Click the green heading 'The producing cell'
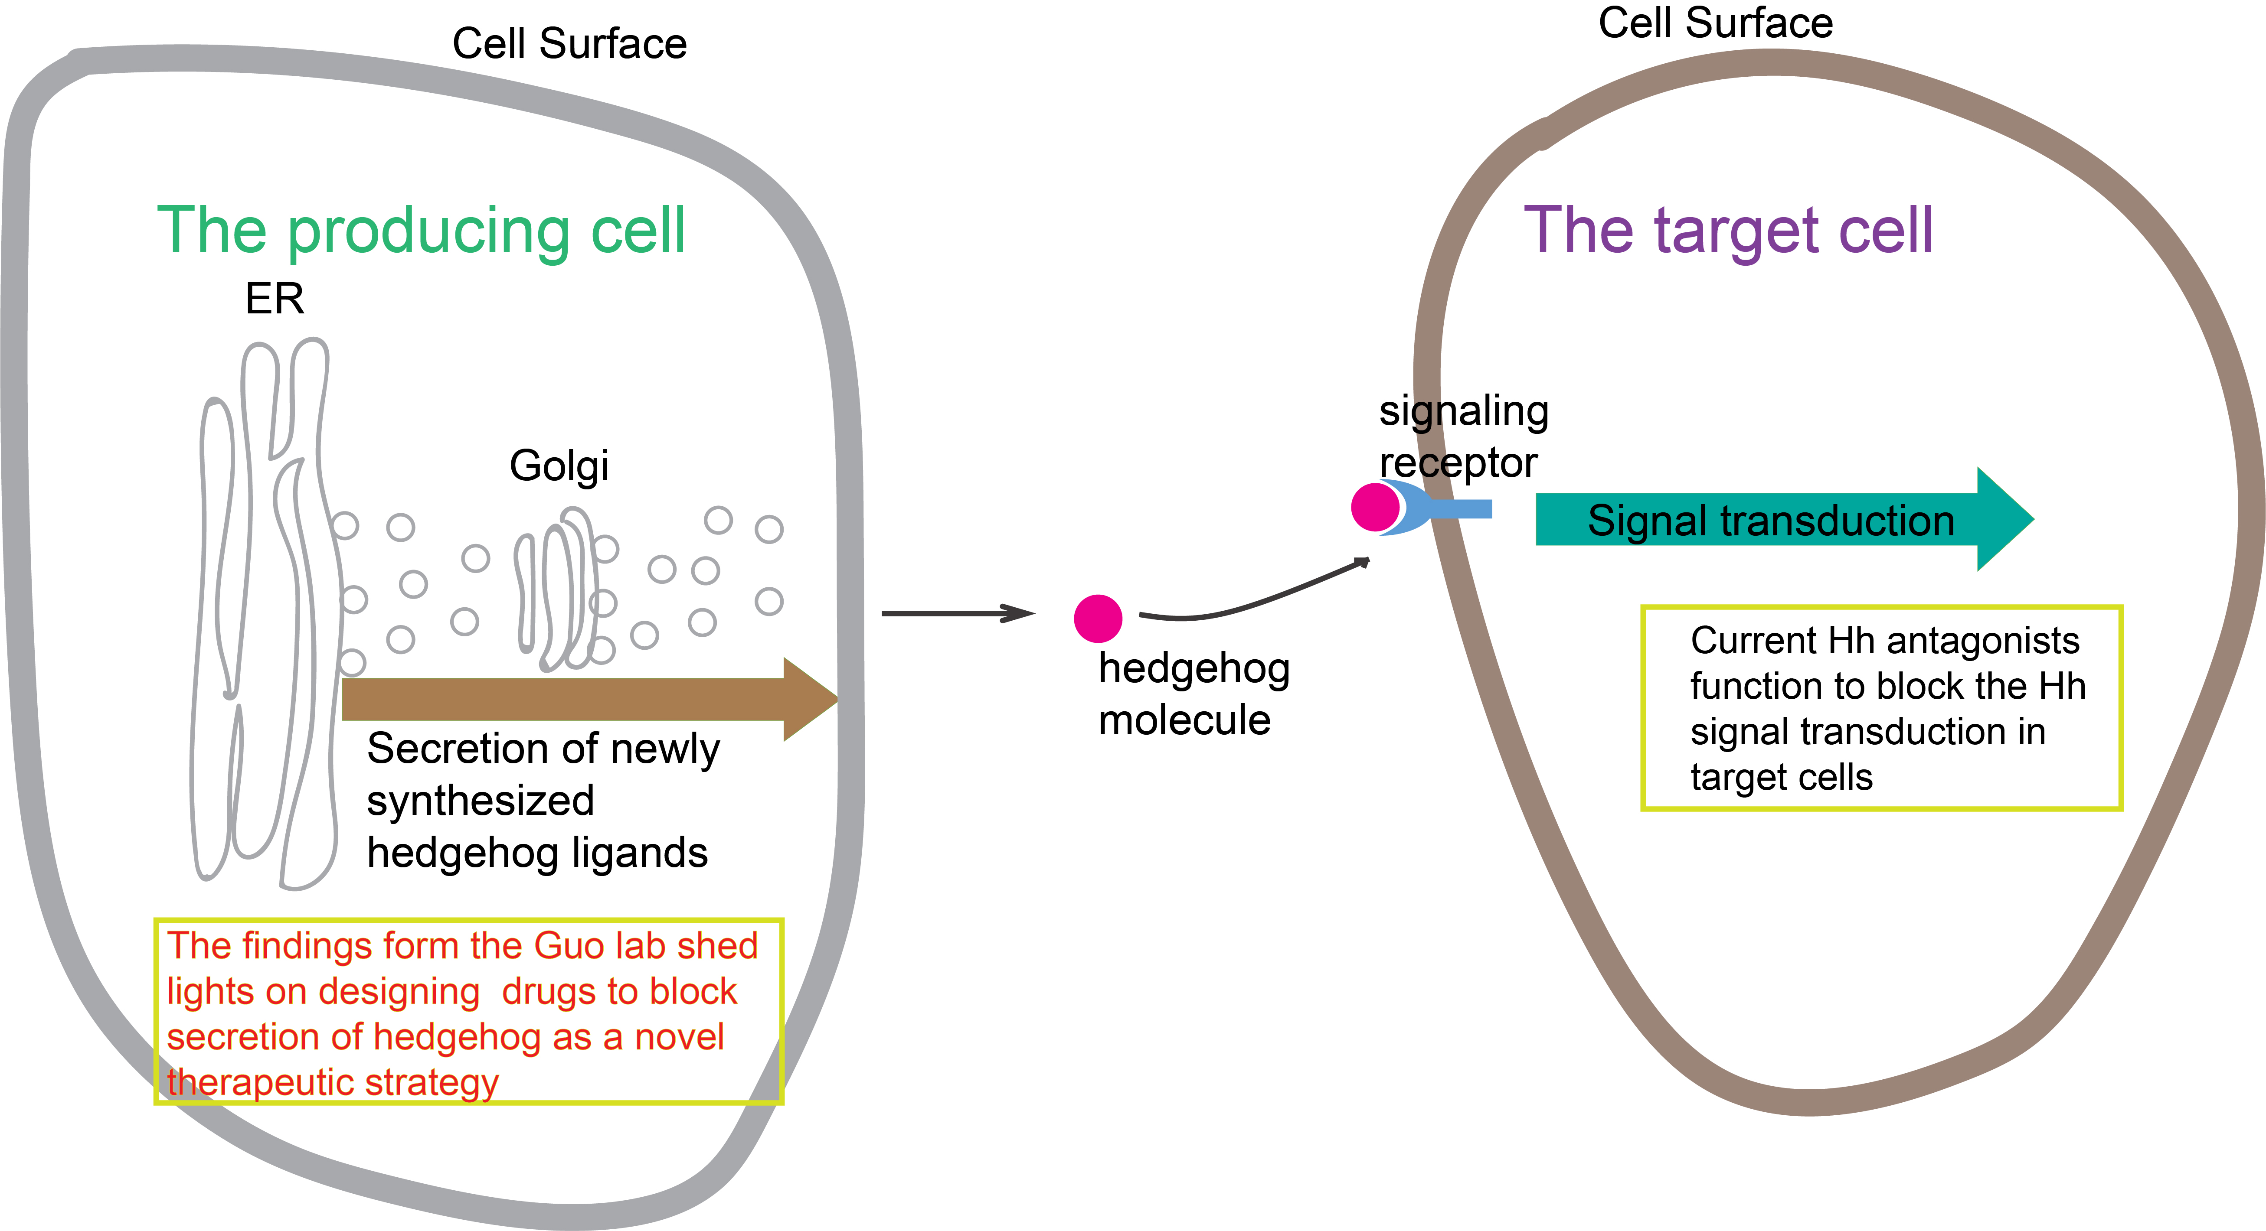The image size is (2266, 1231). [421, 230]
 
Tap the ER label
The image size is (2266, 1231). [275, 299]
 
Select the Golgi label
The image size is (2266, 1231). [559, 466]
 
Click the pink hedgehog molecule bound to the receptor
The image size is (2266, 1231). [1374, 507]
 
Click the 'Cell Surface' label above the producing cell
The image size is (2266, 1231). [569, 44]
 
